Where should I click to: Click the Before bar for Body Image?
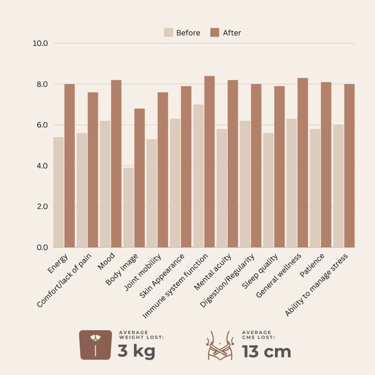pyautogui.click(x=128, y=207)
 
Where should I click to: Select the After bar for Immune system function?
pyautogui.click(x=209, y=161)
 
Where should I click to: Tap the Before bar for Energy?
pyautogui.click(x=58, y=192)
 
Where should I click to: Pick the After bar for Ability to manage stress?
pyautogui.click(x=349, y=166)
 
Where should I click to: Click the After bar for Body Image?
pyautogui.click(x=140, y=178)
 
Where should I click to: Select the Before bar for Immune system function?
pyautogui.click(x=198, y=176)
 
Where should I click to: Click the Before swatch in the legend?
pyautogui.click(x=168, y=33)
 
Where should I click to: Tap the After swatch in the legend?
pyautogui.click(x=215, y=33)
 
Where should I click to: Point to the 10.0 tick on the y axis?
pyautogui.click(x=40, y=43)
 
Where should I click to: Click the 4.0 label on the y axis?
pyautogui.click(x=40, y=166)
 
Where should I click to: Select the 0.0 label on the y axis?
pyautogui.click(x=40, y=248)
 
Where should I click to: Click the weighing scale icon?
pyautogui.click(x=96, y=345)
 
